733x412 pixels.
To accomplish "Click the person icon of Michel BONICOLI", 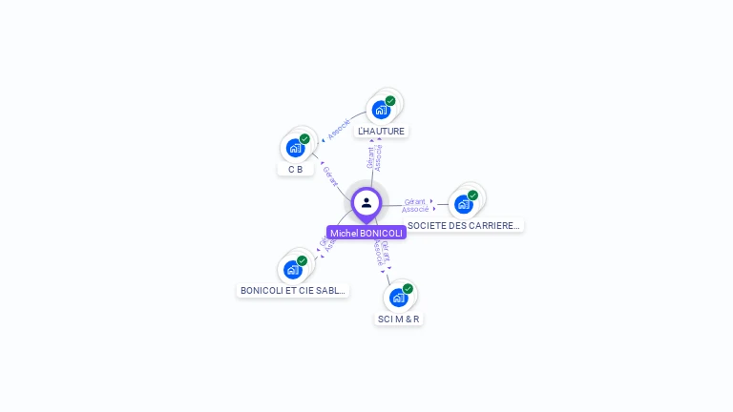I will (x=366, y=202).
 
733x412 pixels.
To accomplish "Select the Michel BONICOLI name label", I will (x=366, y=233).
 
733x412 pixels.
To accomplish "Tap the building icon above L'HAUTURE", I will (x=381, y=110).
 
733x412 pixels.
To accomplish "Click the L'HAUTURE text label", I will (x=382, y=131).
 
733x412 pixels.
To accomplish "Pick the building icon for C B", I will (x=295, y=148).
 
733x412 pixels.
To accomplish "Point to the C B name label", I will (x=296, y=169).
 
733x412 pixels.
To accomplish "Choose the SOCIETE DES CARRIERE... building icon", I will (x=463, y=204).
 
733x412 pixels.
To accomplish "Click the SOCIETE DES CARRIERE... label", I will (x=464, y=226).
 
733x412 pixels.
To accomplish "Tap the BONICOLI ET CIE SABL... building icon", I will (x=292, y=270).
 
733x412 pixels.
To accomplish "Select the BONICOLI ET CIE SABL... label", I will (x=293, y=290).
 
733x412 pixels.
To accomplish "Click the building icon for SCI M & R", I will (x=398, y=298).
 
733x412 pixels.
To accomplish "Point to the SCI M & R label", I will (x=398, y=319).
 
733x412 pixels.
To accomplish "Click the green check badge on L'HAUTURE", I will (x=390, y=101).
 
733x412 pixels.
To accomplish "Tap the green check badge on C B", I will (x=304, y=139).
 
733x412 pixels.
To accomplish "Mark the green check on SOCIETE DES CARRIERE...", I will (x=472, y=196).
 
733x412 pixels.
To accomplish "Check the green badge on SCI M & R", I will (x=408, y=289).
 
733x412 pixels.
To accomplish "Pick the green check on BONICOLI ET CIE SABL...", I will (x=302, y=261).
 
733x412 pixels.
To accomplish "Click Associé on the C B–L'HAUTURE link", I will (x=338, y=128).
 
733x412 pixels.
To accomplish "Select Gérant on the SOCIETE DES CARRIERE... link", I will (x=414, y=201).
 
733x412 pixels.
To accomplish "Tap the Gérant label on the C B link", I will (x=330, y=175).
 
